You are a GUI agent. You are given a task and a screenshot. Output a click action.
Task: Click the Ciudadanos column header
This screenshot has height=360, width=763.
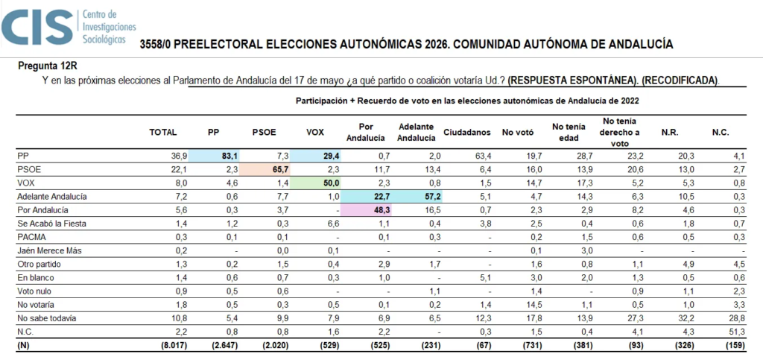pos(467,133)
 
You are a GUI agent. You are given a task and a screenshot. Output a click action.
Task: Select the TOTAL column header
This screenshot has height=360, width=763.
pos(163,133)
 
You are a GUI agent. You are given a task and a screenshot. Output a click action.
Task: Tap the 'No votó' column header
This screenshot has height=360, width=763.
pos(518,133)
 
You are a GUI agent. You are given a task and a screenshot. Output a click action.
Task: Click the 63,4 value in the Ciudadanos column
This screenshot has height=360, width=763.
pos(481,156)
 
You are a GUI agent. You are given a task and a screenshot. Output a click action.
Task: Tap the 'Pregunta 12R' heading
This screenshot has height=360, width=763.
pos(48,65)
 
